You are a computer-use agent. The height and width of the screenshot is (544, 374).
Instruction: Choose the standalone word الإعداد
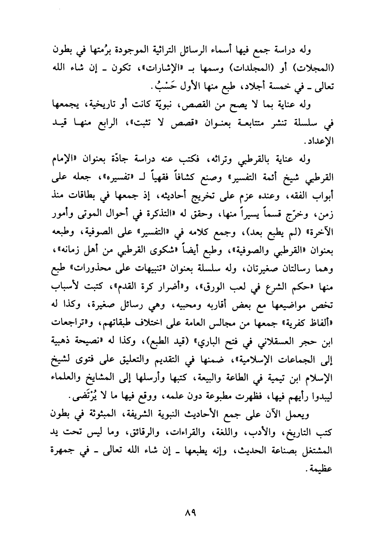pos(322,142)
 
